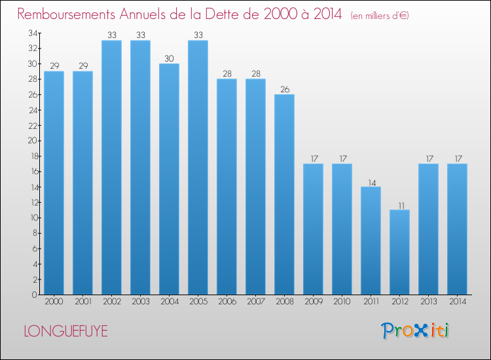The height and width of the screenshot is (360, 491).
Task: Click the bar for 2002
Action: (x=111, y=168)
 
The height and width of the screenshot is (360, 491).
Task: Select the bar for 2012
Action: (x=399, y=252)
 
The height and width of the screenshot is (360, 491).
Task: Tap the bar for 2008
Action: (x=284, y=194)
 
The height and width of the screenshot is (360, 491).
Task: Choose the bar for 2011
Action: (x=371, y=240)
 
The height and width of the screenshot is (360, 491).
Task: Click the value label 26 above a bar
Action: (x=284, y=89)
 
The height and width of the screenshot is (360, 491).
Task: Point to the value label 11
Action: (x=399, y=205)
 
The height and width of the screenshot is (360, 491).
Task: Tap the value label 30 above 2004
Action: (x=169, y=58)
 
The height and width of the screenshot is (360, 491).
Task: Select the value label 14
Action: (x=371, y=182)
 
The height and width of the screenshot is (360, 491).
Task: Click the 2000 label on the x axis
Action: (x=54, y=302)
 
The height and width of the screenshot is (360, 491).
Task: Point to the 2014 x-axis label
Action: (x=457, y=302)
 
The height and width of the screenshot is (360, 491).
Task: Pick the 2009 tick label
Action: (x=313, y=302)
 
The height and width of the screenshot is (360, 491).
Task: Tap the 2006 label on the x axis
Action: (x=227, y=302)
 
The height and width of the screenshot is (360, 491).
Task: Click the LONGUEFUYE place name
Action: (x=65, y=331)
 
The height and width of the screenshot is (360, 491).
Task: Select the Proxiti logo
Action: (x=416, y=331)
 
